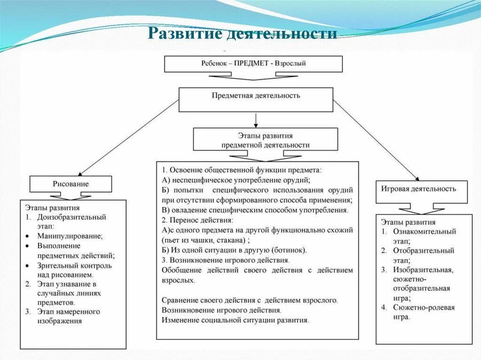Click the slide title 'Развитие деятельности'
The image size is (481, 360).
pyautogui.click(x=242, y=34)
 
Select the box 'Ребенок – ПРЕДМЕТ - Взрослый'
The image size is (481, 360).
pyautogui.click(x=253, y=64)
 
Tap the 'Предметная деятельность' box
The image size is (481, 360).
pyautogui.click(x=256, y=99)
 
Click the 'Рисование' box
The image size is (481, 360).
pyautogui.click(x=70, y=184)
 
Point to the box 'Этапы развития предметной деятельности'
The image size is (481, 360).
pyautogui.click(x=265, y=140)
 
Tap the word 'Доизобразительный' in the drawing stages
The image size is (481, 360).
pyautogui.click(x=72, y=217)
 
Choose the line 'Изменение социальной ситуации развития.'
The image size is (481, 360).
pyautogui.click(x=235, y=320)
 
